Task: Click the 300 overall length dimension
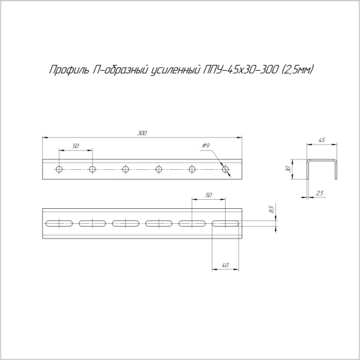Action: tap(142, 133)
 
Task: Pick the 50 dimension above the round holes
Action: tap(76, 146)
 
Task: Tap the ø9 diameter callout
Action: tap(205, 146)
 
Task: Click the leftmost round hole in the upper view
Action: tap(59, 170)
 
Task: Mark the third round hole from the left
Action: tap(125, 170)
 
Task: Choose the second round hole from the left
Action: tap(92, 170)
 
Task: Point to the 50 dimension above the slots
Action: tap(208, 196)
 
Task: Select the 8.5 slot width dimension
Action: tap(271, 209)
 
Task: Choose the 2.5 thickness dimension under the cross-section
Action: tap(320, 193)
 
